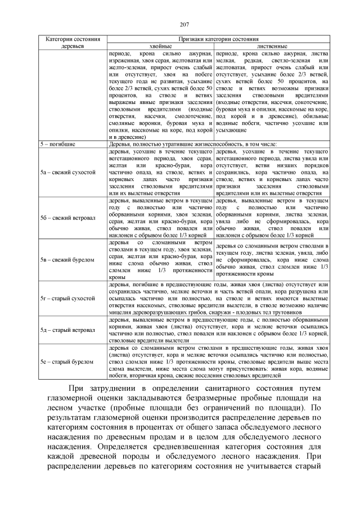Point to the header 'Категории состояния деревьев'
click(72, 43)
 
